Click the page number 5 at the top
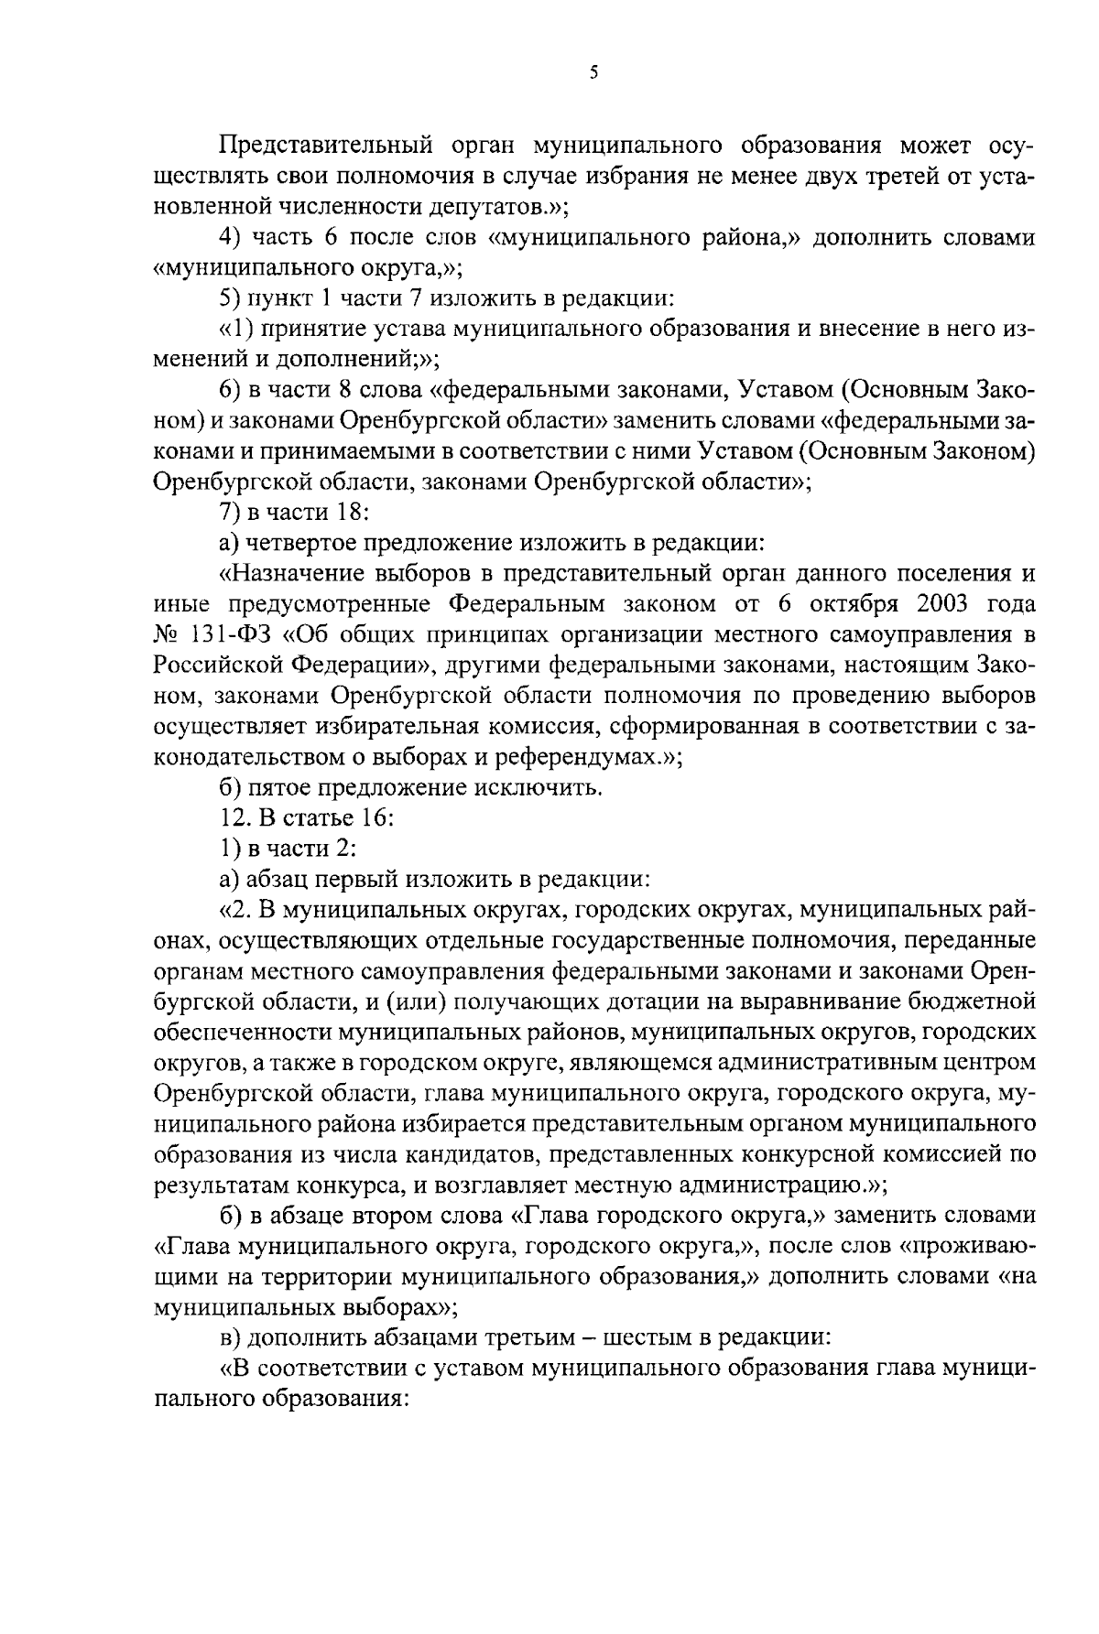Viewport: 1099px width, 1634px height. point(594,72)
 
